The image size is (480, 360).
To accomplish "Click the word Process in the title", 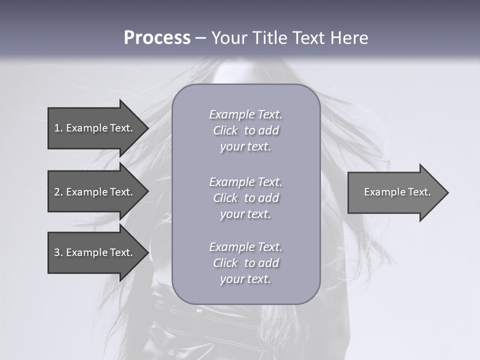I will coord(157,38).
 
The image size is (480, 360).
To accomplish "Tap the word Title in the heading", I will coord(271,38).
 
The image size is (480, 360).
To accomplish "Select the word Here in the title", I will coord(348,38).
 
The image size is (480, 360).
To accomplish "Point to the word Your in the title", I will coord(231,38).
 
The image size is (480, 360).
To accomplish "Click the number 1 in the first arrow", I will coord(56,128).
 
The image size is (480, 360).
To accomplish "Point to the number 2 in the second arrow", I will coord(56,192).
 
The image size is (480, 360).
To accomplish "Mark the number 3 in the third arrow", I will coord(56,252).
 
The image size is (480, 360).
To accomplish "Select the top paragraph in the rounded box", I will coord(245,130).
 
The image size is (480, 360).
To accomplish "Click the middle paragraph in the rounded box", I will coord(245,198).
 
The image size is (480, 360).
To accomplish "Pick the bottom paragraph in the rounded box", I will coord(245,263).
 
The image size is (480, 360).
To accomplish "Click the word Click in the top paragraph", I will coord(225,130).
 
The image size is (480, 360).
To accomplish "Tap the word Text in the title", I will coord(309,38).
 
